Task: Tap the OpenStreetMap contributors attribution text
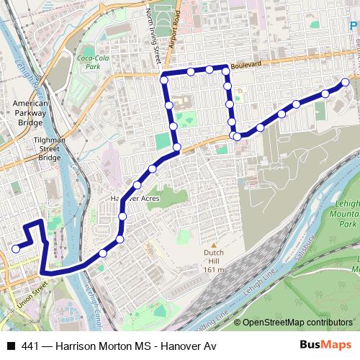(299, 323)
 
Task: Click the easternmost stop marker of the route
(346, 82)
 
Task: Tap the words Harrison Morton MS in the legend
(106, 346)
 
